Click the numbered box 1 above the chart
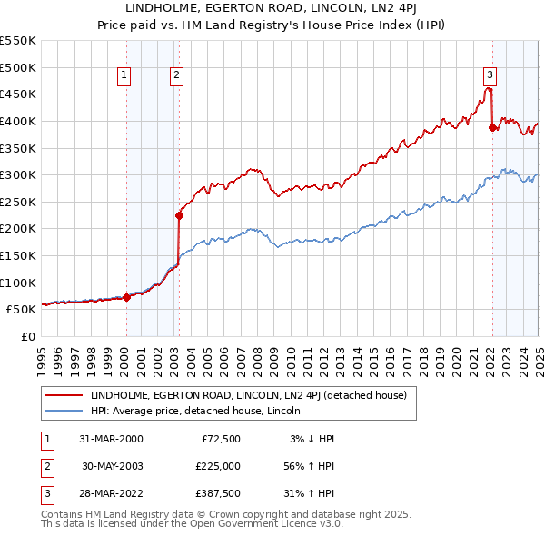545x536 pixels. coord(123,76)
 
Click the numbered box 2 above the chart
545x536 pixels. coord(176,76)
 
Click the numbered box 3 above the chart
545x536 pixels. coord(490,76)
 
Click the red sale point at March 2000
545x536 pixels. coord(127,297)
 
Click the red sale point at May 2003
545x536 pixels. coord(179,215)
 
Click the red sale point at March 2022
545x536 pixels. coord(492,128)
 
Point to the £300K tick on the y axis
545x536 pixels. coord(20,174)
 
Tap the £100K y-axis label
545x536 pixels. coord(20,283)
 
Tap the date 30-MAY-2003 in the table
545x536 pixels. coord(113,465)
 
